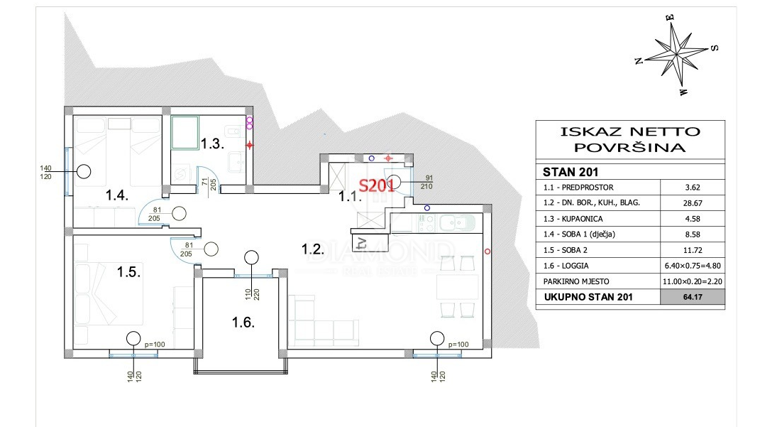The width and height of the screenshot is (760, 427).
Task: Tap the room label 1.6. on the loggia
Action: click(x=243, y=322)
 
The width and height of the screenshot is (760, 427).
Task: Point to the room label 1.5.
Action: click(x=128, y=271)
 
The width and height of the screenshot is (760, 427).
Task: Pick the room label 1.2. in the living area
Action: click(x=312, y=249)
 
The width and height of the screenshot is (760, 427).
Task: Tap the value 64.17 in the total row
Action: click(x=692, y=297)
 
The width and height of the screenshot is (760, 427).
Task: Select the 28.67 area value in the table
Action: click(x=692, y=202)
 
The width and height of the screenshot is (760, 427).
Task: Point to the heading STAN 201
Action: click(x=571, y=171)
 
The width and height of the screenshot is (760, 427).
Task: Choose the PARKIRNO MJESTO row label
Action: click(x=576, y=281)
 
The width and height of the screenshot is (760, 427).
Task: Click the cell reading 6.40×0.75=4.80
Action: click(x=692, y=266)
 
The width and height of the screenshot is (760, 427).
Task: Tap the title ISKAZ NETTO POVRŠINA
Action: click(x=629, y=139)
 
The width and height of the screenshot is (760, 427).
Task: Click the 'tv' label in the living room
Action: click(x=362, y=243)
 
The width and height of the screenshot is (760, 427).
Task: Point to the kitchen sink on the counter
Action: click(x=451, y=223)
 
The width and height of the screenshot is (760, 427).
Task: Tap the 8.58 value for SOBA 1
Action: click(x=692, y=234)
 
